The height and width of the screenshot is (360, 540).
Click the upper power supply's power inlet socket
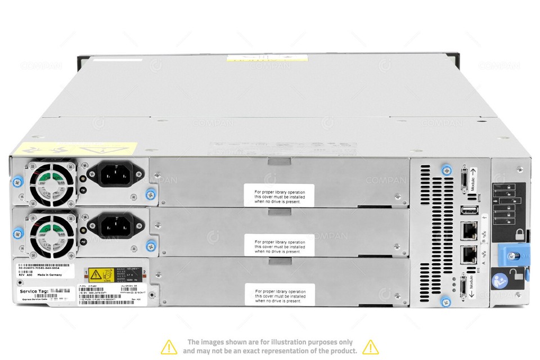pos(115,175)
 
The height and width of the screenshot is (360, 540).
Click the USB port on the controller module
pos(468,211)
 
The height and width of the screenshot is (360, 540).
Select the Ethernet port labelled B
pos(469,231)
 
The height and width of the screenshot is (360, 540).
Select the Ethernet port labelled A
pos(469,255)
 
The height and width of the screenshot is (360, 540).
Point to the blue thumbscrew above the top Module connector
pos(446,170)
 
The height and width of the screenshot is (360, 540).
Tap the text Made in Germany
pos(47,276)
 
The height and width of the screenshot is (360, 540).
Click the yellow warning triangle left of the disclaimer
pos(169,346)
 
